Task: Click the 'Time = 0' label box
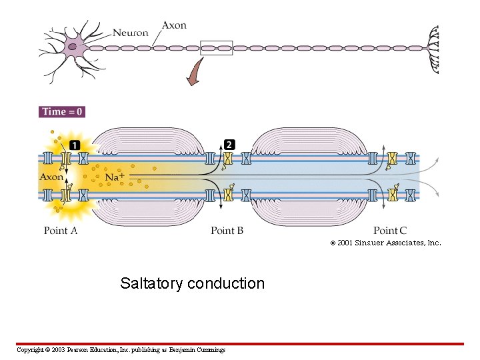point(62,111)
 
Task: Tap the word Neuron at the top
point(131,32)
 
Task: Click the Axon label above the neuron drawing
point(174,25)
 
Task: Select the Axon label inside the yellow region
point(51,177)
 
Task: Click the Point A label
point(61,231)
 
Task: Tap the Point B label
point(227,231)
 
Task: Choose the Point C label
point(390,231)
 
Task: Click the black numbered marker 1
point(75,145)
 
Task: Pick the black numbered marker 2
point(229,145)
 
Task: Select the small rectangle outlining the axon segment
point(216,48)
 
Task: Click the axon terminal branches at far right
point(433,49)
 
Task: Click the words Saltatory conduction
point(192,283)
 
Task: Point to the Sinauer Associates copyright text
point(385,243)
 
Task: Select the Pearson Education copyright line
point(121,350)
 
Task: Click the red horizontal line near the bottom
point(240,344)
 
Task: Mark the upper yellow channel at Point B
point(228,159)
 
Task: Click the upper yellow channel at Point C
point(392,159)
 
